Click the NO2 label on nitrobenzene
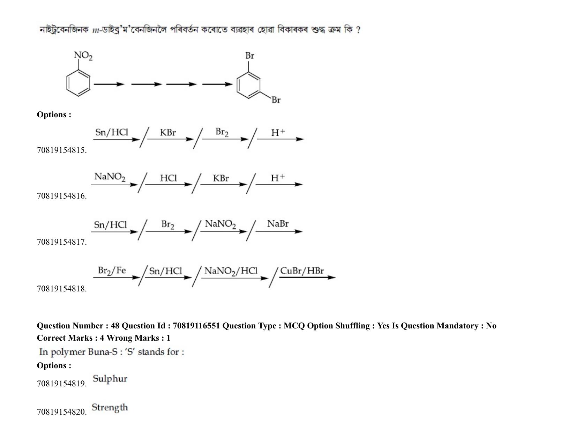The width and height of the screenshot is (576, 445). (83, 56)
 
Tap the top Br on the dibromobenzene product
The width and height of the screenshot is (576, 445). (249, 55)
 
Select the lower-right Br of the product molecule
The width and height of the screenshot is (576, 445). (276, 100)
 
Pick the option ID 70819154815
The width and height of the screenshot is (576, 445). (62, 150)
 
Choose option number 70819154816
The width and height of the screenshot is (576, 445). (62, 196)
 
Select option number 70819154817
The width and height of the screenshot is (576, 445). (62, 242)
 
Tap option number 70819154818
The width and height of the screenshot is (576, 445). (62, 289)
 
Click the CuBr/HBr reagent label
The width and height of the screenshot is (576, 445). (302, 271)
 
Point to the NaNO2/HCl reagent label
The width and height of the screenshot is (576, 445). (231, 271)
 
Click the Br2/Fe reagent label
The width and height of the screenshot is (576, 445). (112, 270)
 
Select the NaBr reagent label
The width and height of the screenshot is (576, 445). (277, 224)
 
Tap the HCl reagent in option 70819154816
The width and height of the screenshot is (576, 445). (168, 178)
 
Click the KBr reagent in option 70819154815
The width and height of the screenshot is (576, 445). (167, 132)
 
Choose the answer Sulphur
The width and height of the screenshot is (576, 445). (110, 379)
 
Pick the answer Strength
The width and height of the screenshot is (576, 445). (110, 407)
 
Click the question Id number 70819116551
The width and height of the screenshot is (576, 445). (196, 326)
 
